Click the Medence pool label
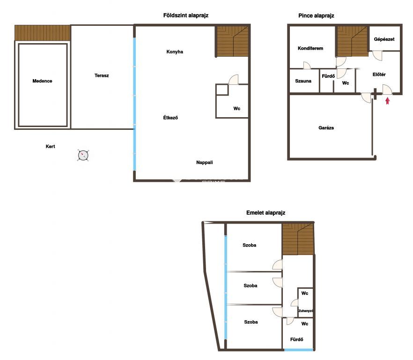[42, 81]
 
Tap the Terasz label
[102, 75]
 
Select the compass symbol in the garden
[83, 155]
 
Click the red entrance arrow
[387, 101]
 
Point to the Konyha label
[175, 52]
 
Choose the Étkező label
[170, 118]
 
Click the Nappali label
[204, 163]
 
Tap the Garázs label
[326, 128]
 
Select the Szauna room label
[303, 81]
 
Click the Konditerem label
[310, 48]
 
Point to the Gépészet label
[384, 39]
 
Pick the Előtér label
[379, 75]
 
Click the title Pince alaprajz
[316, 15]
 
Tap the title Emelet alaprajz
[266, 212]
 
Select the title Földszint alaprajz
[186, 15]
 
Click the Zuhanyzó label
[305, 311]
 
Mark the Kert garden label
[50, 146]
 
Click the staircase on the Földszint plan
[233, 41]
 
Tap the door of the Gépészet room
[377, 55]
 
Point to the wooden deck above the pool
[43, 33]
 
